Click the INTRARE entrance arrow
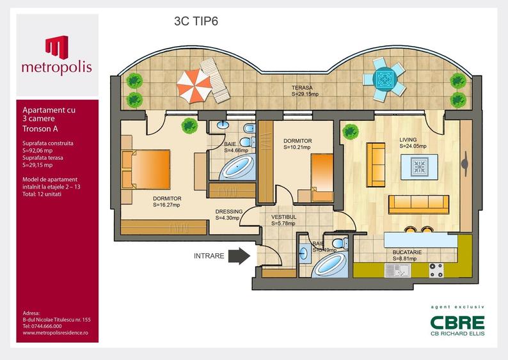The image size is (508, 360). [x=239, y=256]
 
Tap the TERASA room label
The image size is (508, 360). [x=302, y=87]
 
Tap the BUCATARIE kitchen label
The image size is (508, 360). [x=408, y=253]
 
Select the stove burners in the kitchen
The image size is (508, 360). [x=436, y=270]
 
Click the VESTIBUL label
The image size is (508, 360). [x=282, y=216]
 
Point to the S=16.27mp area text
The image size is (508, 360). [x=166, y=206]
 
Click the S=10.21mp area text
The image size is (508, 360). [x=298, y=147]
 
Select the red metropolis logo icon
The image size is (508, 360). [x=56, y=47]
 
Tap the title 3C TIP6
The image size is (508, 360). [x=197, y=20]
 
